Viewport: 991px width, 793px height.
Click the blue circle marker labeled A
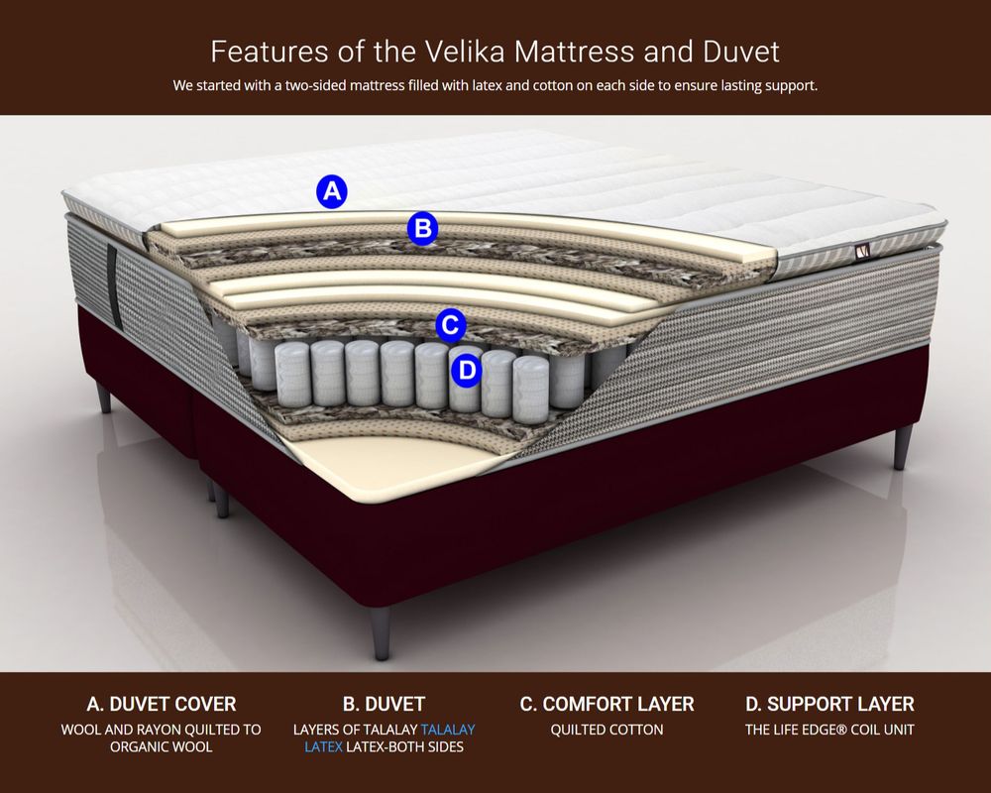point(332,191)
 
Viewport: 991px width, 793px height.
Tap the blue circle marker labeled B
point(422,228)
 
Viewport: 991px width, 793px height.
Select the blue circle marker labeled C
point(451,326)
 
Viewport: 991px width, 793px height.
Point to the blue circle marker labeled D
point(467,370)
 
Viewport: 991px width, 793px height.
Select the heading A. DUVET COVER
point(162,704)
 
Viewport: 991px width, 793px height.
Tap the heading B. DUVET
point(384,704)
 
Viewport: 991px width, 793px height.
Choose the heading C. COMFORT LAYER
point(606,704)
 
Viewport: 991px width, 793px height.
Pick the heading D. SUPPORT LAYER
point(829,704)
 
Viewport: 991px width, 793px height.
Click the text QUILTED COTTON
point(606,730)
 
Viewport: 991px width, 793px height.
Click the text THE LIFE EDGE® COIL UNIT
point(829,730)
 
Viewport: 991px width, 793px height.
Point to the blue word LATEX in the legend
point(324,746)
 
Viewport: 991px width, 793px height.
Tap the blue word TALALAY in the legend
point(448,730)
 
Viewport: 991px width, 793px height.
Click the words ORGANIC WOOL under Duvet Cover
point(162,746)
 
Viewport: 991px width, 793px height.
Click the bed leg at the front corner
point(382,633)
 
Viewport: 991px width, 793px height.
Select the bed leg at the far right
point(902,446)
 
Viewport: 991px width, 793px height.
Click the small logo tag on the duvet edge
point(863,252)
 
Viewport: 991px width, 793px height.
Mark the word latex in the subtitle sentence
point(488,85)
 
